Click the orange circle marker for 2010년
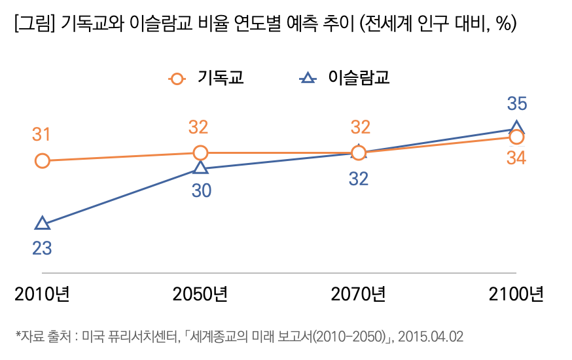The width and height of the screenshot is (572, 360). point(42,160)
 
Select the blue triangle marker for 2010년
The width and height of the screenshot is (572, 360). point(42,224)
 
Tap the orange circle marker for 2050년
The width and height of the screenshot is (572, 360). point(200,153)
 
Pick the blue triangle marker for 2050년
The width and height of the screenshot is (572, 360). point(200,168)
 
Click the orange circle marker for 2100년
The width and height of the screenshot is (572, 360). point(516,137)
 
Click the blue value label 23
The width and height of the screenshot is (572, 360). point(42,249)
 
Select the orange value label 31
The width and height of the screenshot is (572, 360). point(42,135)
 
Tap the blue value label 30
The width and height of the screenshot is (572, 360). point(201,191)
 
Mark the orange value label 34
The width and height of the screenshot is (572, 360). point(516,158)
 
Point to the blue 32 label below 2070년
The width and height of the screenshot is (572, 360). point(359,178)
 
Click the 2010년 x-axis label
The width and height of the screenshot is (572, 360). point(42,294)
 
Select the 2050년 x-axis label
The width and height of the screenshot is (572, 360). point(200,294)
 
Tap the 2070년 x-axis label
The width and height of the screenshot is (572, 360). point(358,294)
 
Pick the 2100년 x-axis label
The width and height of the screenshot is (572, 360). point(516,294)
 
